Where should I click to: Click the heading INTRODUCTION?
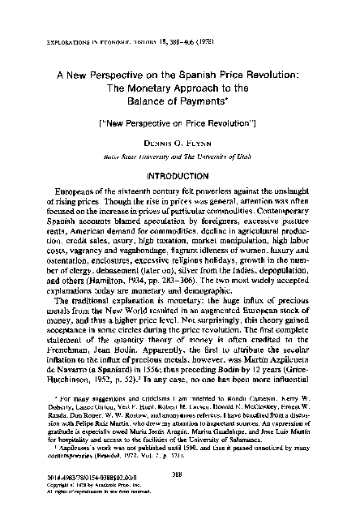(x=180, y=174)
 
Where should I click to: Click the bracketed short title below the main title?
(x=180, y=120)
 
